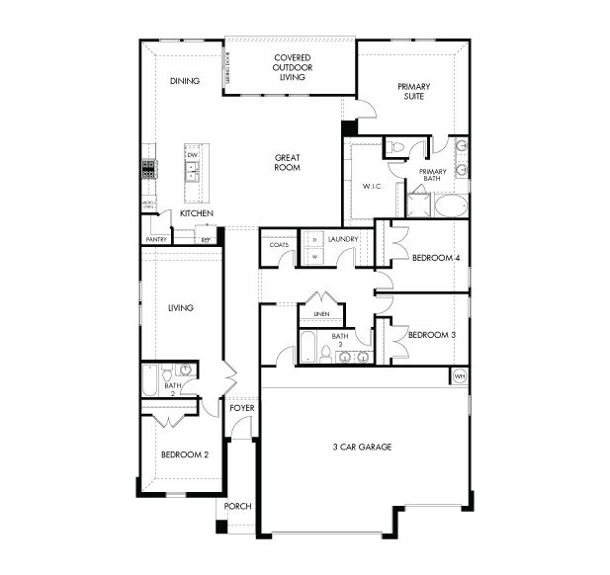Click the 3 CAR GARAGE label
click(x=362, y=448)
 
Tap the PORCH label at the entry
click(x=237, y=506)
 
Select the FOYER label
click(x=241, y=407)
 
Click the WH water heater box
click(x=459, y=377)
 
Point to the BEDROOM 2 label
click(x=185, y=454)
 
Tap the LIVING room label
click(x=179, y=307)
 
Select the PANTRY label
click(x=155, y=239)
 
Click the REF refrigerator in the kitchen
click(x=207, y=239)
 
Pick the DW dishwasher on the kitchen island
click(x=193, y=155)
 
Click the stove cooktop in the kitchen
click(x=148, y=169)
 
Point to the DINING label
click(x=184, y=81)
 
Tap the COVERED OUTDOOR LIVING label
click(x=293, y=67)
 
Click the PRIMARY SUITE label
click(x=414, y=92)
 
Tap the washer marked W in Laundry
click(x=314, y=256)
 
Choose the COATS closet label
click(x=279, y=244)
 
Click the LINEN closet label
click(x=320, y=314)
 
